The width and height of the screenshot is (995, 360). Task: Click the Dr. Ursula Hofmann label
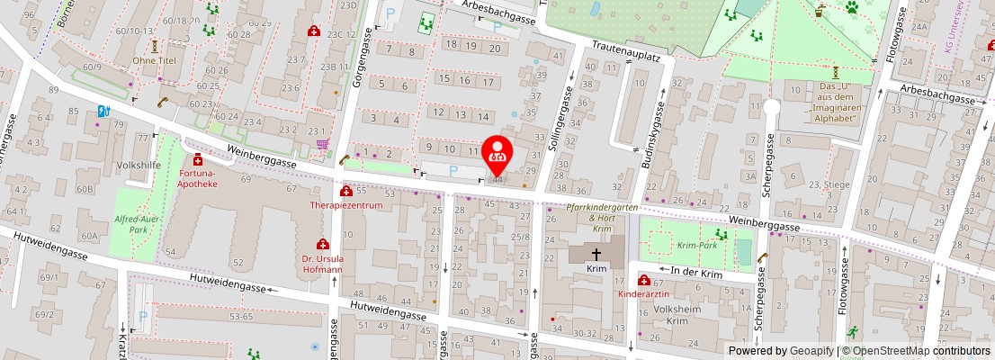pos(322,263)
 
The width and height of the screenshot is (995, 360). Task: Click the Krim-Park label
pos(696,245)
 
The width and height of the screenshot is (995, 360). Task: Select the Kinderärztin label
pos(644,294)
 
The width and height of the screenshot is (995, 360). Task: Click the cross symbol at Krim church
pos(596,256)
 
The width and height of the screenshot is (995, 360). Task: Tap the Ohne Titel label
pos(154,60)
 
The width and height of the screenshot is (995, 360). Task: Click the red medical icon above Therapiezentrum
pos(346,191)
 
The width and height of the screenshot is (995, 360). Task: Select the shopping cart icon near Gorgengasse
pos(322,144)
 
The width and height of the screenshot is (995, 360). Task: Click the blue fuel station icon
pos(102,112)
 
